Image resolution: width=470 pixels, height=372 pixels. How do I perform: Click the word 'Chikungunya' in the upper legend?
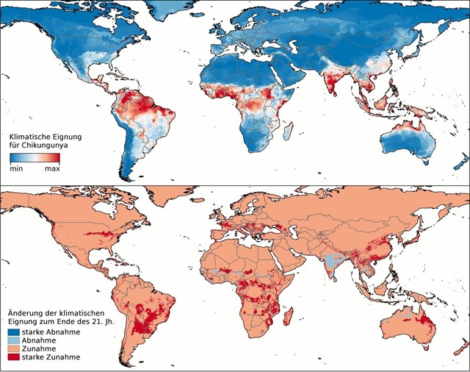45,146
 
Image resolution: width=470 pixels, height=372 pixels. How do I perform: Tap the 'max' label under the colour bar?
52,168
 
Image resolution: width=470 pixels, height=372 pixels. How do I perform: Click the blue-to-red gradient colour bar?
34,158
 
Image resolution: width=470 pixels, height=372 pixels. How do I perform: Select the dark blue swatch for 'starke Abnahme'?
14,333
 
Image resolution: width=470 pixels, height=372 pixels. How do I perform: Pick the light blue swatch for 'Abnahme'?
14,341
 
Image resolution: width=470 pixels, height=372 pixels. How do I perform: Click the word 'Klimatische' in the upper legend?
32,137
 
